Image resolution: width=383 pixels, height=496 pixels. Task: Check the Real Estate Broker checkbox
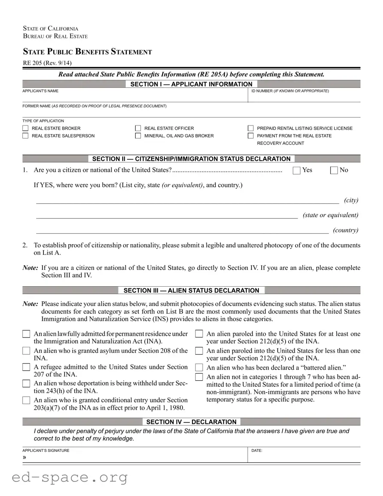coord(25,128)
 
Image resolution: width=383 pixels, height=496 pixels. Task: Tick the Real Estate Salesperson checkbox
coord(25,136)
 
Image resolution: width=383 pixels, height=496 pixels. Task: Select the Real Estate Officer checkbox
coord(138,128)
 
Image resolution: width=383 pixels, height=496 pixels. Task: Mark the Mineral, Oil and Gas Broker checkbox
coord(138,136)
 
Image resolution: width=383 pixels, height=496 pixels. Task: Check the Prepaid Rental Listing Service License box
coord(250,128)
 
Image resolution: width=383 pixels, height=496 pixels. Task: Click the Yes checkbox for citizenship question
coord(296,170)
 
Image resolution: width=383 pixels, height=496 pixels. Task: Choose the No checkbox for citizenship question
coord(334,170)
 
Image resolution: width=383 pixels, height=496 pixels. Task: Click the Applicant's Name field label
coord(40,91)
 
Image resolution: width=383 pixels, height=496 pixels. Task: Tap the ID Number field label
coord(290,91)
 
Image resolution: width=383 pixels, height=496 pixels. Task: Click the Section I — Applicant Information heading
coord(191,84)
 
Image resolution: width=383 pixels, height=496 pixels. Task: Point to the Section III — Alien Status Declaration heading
coord(191,291)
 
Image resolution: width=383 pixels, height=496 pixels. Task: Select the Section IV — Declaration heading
coord(191,422)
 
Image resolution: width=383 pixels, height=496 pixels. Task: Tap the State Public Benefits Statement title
coord(87,52)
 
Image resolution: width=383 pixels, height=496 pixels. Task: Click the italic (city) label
coord(351,200)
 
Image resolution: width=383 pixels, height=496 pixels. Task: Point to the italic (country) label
coord(345,230)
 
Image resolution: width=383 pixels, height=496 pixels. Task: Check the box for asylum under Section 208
coord(26,351)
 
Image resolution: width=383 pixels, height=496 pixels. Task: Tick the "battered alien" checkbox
coord(199,367)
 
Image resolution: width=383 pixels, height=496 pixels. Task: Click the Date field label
coord(257,450)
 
